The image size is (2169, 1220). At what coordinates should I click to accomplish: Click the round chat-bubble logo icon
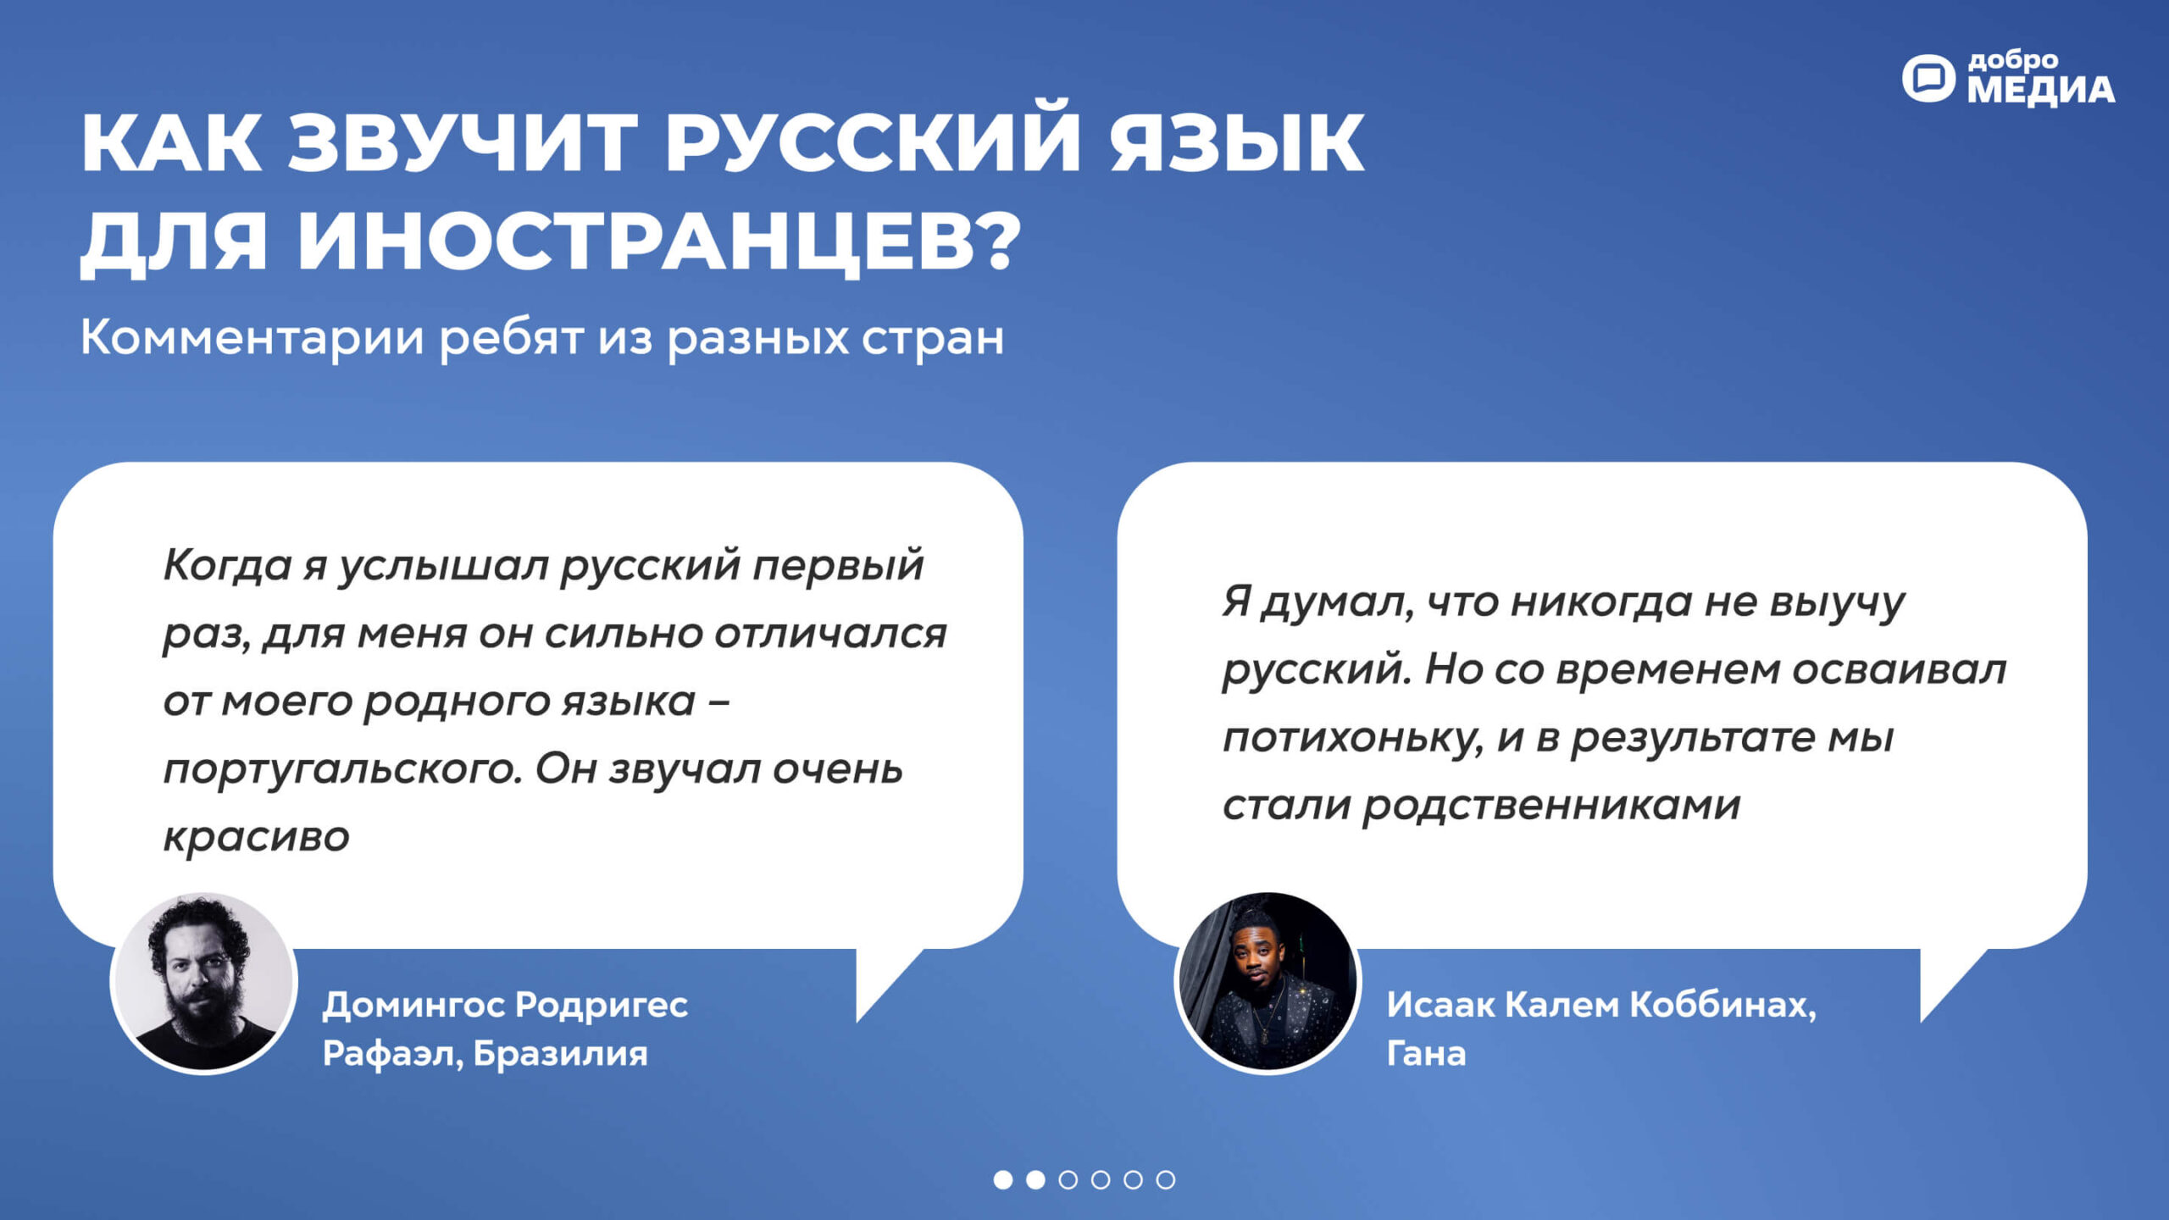pos(1928,79)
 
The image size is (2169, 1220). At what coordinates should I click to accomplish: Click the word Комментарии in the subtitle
pos(252,337)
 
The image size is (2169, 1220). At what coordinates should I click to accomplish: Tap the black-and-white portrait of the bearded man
pos(203,983)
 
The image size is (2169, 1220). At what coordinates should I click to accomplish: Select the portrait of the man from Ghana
pos(1268,983)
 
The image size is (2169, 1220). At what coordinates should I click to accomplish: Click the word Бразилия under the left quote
pos(560,1053)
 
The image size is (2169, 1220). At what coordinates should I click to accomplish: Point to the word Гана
pos(1426,1053)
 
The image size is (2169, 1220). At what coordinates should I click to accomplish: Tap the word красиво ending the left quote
pos(257,837)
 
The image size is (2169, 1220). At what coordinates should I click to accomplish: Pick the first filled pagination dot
pos(1003,1179)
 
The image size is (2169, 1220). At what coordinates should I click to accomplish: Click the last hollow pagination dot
pos(1166,1179)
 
